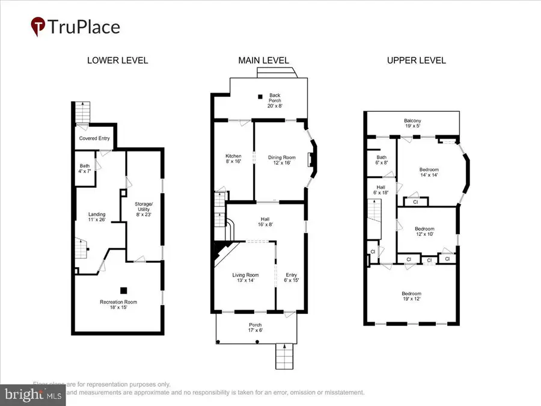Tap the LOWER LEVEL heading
pyautogui.click(x=117, y=60)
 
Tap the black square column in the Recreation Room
pyautogui.click(x=123, y=290)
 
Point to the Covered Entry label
pyautogui.click(x=94, y=138)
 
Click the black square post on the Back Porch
pyautogui.click(x=260, y=96)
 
